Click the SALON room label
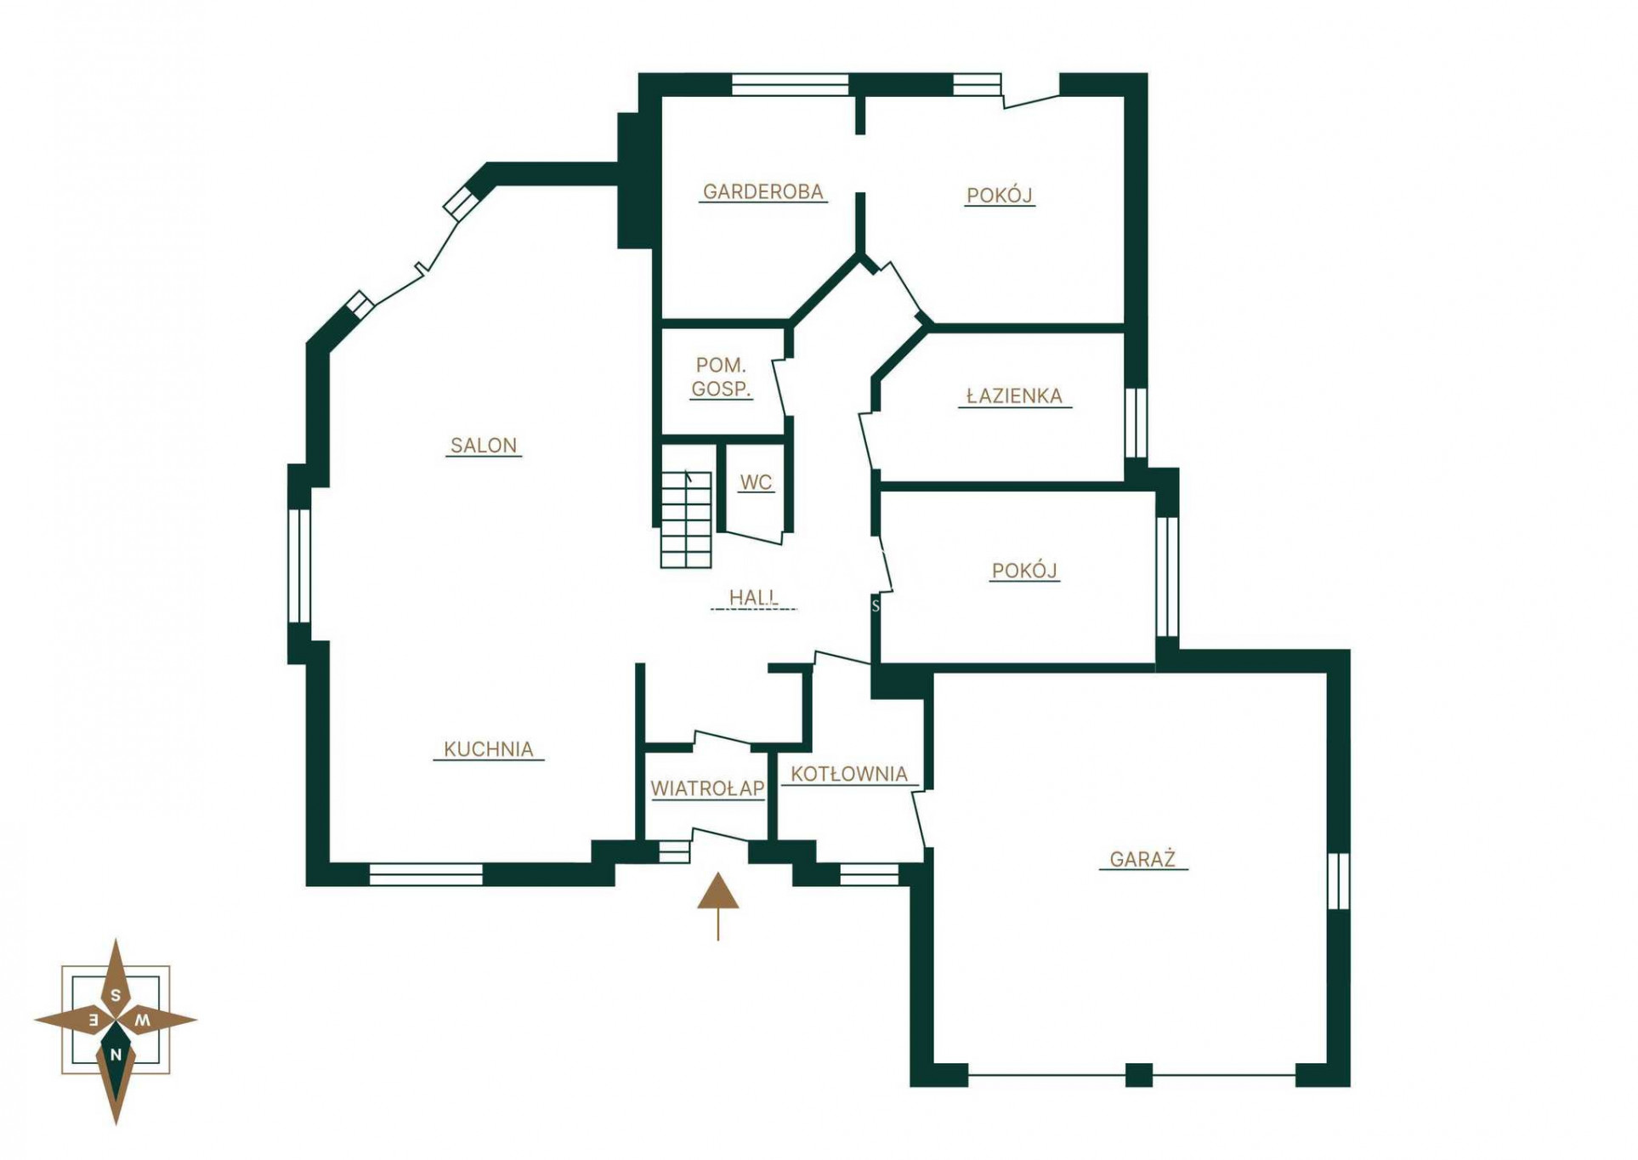coord(483,445)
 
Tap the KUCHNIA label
coord(489,749)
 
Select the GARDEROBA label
coord(762,192)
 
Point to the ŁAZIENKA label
coord(1015,396)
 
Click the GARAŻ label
coord(1142,859)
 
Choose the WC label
coord(756,482)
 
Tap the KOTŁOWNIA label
coord(849,774)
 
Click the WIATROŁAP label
coord(707,788)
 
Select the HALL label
coord(753,598)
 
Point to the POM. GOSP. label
coord(721,378)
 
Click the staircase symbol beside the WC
coord(686,519)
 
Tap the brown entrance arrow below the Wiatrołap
coord(718,905)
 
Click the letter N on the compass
coord(116,1055)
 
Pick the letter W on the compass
coord(144,1020)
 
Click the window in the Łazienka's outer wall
coord(1136,423)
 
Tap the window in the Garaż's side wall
coord(1339,880)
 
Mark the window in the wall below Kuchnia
coord(426,874)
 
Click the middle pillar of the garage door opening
coord(1139,1075)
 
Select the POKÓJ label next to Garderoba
coord(1000,196)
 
